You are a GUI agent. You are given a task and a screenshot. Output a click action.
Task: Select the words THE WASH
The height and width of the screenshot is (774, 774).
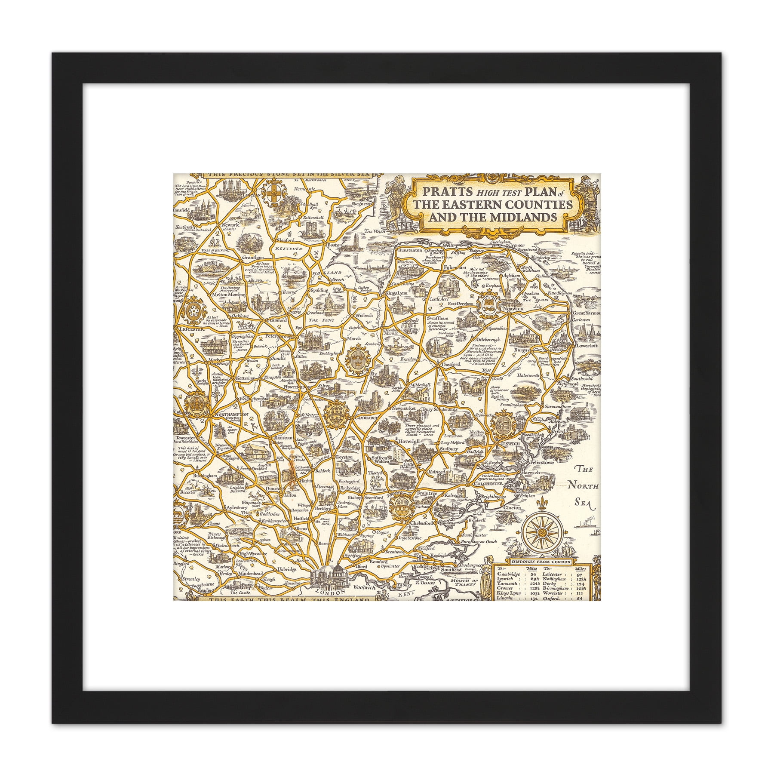tap(373, 231)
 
